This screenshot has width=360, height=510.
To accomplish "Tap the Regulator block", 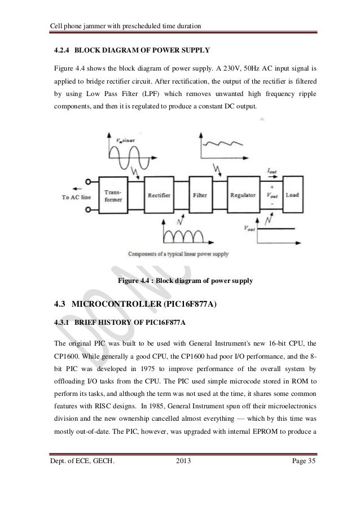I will click(244, 195).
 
